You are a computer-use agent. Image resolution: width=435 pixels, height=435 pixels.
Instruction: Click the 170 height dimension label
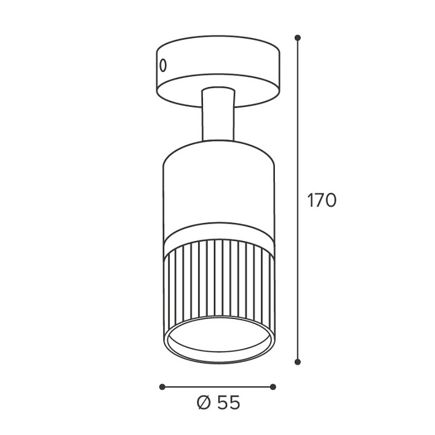pos(322,200)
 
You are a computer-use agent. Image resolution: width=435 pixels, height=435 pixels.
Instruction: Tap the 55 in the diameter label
pos(228,402)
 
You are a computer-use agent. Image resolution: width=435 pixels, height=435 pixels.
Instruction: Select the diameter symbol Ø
pos(205,402)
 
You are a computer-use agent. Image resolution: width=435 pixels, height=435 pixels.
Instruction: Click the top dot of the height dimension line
pos(298,37)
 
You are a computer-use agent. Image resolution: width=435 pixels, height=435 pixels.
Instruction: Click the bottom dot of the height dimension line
pos(298,362)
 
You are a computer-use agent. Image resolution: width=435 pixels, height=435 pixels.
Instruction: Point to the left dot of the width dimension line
pos(163,387)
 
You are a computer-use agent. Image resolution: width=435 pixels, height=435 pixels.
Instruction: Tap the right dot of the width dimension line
pos(273,387)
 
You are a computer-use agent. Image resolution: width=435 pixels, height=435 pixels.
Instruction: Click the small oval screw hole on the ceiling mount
pos(163,65)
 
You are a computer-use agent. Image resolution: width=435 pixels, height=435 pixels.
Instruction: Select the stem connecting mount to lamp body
pos(218,115)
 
